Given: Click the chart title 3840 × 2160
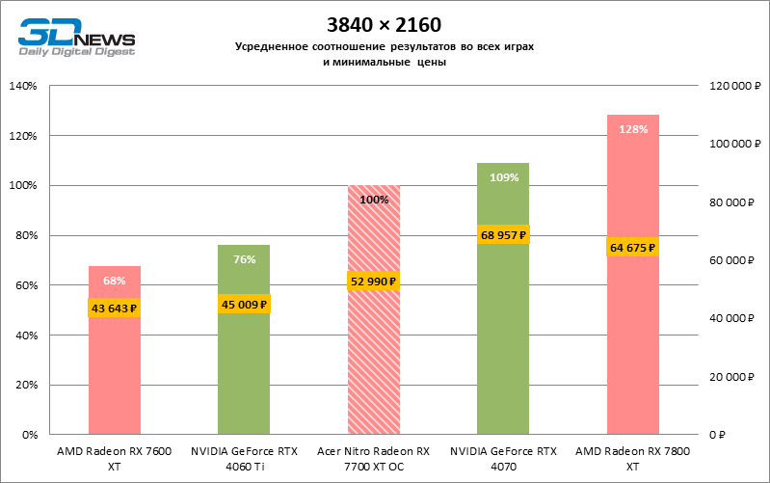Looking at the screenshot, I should tap(385, 23).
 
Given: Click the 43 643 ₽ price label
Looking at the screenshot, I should tap(115, 309).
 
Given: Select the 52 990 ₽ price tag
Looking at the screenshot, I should tap(373, 282).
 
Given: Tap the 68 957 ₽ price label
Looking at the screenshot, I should tap(503, 235).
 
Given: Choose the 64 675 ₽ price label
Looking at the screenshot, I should tap(632, 248).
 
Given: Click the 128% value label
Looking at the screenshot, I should tap(632, 129).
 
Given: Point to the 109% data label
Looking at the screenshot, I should tap(503, 177).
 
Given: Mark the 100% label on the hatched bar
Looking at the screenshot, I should tap(373, 200).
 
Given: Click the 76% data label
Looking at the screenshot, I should tap(244, 259).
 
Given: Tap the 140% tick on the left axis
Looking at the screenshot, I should tap(22, 86).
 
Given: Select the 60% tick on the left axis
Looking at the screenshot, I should tap(24, 285).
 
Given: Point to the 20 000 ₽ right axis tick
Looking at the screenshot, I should tap(730, 377).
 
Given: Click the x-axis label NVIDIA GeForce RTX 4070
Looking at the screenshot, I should tap(503, 458).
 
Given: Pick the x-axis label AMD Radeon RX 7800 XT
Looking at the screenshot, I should tap(632, 458).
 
